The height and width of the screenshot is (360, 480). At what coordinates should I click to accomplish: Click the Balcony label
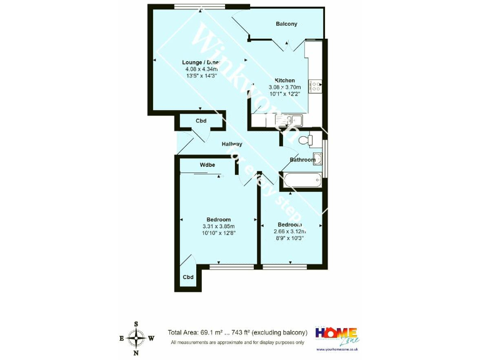tap(286, 24)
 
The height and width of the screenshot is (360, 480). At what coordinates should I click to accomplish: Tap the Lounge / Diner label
tap(201, 62)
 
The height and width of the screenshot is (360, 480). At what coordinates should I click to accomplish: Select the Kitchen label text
tap(285, 81)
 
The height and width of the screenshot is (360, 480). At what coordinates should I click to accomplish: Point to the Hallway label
tap(231, 144)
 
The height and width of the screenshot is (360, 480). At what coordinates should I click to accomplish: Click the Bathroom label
tap(302, 160)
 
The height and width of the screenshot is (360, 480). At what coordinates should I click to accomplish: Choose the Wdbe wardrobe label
tap(207, 165)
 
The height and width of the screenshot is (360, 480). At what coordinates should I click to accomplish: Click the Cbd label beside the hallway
tap(201, 121)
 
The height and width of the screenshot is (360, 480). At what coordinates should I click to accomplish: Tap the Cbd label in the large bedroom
tap(187, 277)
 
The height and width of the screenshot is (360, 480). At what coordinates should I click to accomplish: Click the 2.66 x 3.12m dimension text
tap(290, 231)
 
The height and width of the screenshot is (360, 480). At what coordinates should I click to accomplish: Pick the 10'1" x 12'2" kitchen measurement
tap(285, 94)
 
